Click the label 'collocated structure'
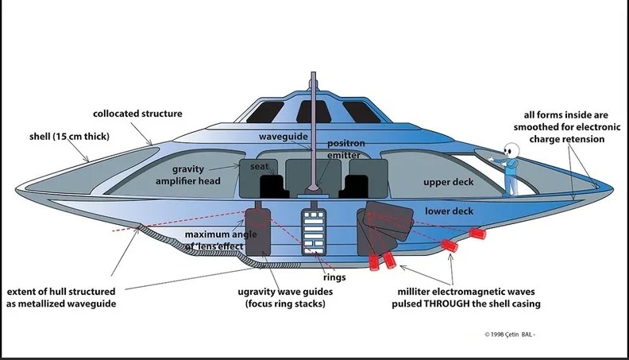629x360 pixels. point(137,114)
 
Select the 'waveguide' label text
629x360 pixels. point(283,137)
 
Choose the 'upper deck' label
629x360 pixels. point(447,182)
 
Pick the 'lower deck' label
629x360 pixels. point(450,211)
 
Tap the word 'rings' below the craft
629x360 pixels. point(334,277)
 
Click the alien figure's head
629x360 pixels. point(513,150)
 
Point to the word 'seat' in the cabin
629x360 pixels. point(259,167)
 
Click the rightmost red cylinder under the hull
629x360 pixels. point(478,233)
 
